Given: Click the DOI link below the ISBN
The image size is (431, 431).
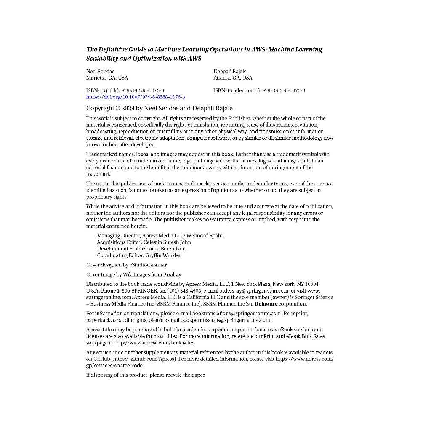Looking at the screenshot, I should click(136, 97).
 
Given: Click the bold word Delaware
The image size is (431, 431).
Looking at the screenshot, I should click(266, 304).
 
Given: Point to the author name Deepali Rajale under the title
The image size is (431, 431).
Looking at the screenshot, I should click(230, 71).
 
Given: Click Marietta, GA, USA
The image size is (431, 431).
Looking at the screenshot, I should click(107, 78).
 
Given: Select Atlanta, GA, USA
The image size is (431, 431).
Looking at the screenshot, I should click(233, 78).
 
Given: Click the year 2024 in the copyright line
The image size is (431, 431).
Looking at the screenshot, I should click(128, 109).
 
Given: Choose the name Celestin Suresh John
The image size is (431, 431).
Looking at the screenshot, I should click(167, 242).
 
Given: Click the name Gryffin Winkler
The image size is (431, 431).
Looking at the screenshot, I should click(163, 255).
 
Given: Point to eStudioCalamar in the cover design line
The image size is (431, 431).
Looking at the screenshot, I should click(148, 265).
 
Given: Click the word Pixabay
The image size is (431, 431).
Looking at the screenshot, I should click(172, 275).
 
